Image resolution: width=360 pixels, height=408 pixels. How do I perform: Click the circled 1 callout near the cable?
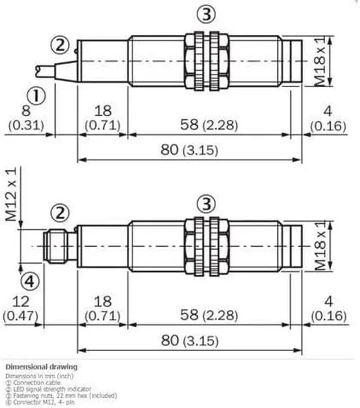[37, 97]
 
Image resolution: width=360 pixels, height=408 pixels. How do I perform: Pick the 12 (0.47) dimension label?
[23, 308]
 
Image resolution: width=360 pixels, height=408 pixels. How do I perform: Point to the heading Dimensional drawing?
[42, 367]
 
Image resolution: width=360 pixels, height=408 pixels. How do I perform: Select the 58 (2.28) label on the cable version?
[206, 125]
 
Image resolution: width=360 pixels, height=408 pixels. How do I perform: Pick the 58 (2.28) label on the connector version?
[206, 315]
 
